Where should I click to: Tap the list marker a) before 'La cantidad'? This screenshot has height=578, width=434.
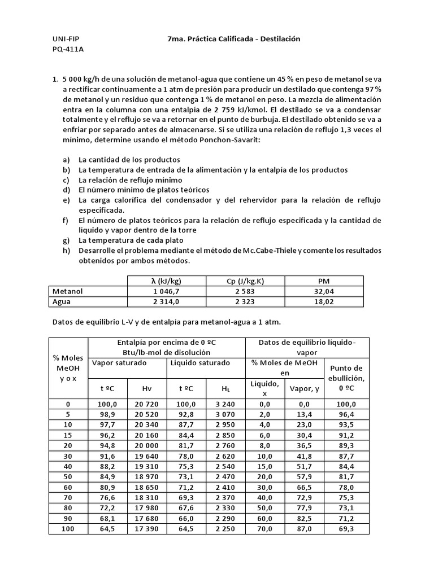tap(67, 159)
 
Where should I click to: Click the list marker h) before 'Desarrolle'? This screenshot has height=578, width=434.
tap(67, 251)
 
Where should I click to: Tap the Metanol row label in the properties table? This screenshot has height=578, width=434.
tap(68, 292)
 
